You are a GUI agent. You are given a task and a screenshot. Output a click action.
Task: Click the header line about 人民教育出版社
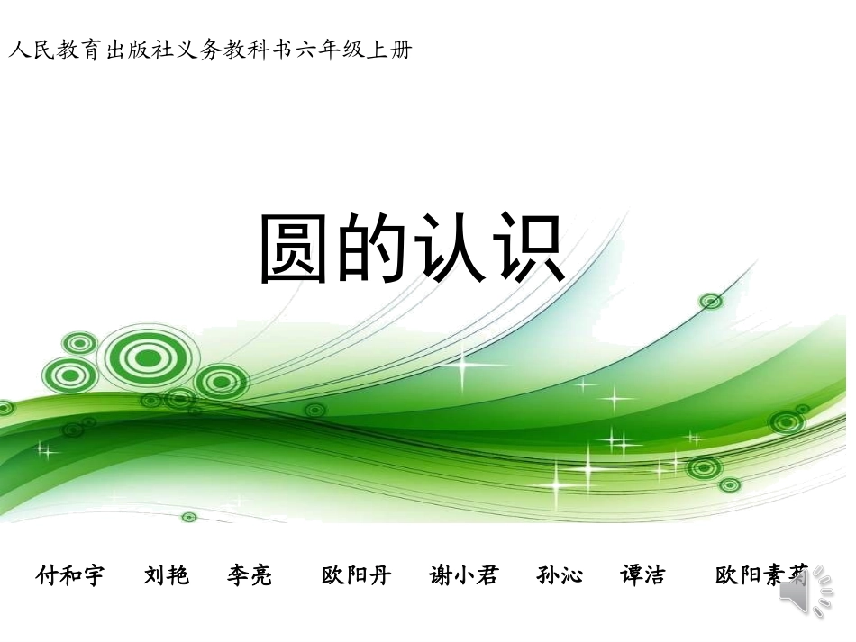[x=210, y=50]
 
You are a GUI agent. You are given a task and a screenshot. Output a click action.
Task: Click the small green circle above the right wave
[x=711, y=301]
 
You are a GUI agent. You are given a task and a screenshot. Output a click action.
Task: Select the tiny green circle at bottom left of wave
[x=188, y=517]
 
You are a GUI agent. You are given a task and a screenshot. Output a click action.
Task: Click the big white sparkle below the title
[x=466, y=365]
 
